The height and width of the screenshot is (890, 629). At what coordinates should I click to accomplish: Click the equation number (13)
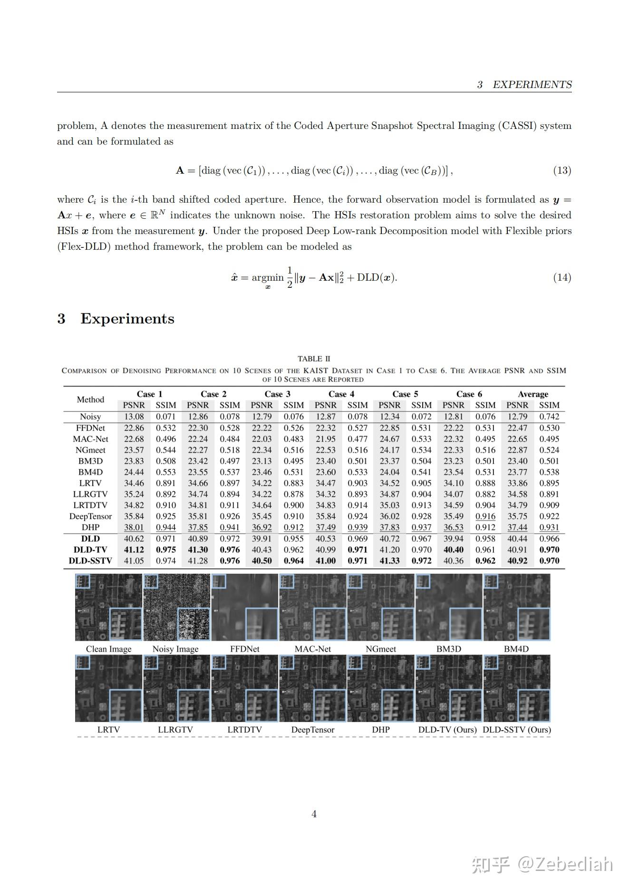tap(561, 170)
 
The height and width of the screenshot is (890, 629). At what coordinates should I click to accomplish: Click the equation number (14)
tap(561, 277)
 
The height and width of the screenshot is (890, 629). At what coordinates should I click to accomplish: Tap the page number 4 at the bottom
tap(314, 814)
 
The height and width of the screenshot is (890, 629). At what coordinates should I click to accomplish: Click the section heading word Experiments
tap(127, 319)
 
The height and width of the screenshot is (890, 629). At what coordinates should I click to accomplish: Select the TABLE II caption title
tap(314, 359)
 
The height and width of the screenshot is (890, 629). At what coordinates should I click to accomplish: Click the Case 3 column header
tap(277, 394)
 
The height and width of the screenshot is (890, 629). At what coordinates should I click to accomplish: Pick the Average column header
tap(533, 394)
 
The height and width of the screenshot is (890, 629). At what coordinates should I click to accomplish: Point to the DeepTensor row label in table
tap(90, 516)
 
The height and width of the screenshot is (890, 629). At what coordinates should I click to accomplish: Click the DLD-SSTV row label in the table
tap(90, 561)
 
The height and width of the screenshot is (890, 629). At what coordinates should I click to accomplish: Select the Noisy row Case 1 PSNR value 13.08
tap(134, 416)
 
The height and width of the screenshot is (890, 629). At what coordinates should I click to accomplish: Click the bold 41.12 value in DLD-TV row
tap(134, 549)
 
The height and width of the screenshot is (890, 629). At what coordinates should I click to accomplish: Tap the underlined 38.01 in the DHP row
tap(134, 527)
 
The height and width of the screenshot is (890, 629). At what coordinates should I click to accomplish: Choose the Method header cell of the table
tap(90, 400)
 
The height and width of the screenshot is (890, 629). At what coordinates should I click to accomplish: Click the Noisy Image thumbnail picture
tap(176, 607)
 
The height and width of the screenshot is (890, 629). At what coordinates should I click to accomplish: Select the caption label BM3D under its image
tap(448, 649)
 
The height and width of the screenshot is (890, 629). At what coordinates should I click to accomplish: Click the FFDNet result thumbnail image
tap(244, 607)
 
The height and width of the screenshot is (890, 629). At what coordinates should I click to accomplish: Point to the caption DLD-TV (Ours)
tap(447, 730)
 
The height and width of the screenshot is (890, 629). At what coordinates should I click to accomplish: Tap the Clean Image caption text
tap(108, 649)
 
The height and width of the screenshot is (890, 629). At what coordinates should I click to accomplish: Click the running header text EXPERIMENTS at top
tap(532, 85)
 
